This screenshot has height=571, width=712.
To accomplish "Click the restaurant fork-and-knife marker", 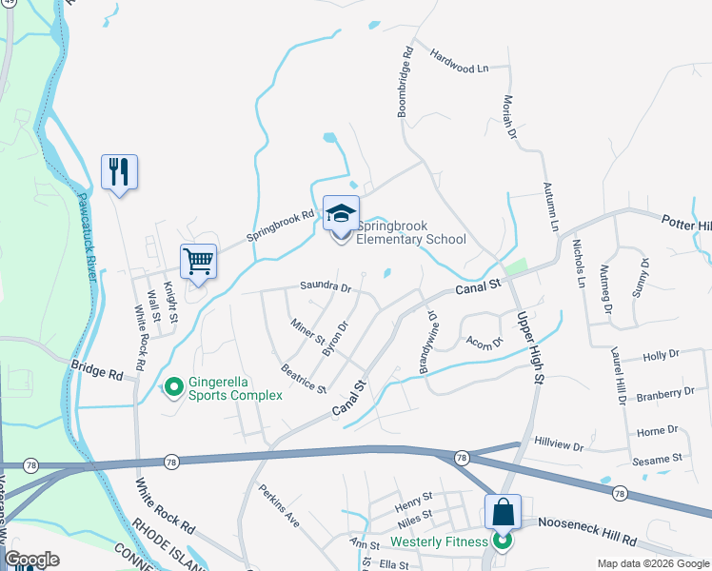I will click(119, 172).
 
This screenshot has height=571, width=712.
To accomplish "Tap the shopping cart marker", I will click(198, 262).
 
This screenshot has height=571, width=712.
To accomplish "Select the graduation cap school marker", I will click(341, 215).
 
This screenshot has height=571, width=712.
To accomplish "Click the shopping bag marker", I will click(503, 512).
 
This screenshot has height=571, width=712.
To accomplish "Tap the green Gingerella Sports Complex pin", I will click(173, 387).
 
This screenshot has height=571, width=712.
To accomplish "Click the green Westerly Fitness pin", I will click(503, 543).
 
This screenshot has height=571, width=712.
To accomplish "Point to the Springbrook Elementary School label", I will click(410, 233).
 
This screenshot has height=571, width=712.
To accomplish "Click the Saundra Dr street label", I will click(326, 285).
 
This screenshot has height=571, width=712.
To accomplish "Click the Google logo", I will click(31, 560).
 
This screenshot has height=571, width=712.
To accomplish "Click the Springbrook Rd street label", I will click(280, 226).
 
